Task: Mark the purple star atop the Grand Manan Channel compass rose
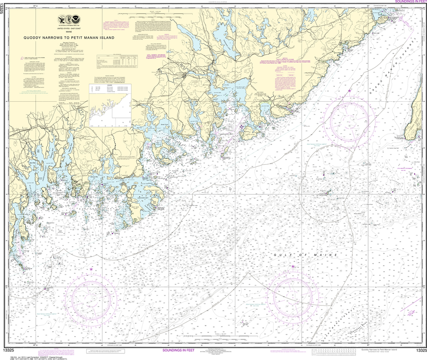pyautogui.click(x=349, y=90)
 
